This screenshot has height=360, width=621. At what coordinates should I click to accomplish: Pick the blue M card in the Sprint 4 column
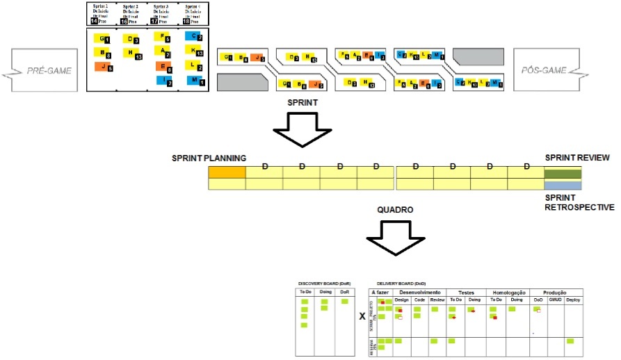pyautogui.click(x=195, y=81)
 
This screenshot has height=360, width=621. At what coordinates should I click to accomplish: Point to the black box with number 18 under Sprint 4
pyautogui.click(x=186, y=22)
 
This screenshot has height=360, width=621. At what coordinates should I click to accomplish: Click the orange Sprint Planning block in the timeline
pyautogui.click(x=227, y=172)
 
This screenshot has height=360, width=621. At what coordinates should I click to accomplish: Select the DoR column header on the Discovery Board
pyautogui.click(x=344, y=293)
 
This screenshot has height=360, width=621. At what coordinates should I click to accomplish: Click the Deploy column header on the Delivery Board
pyautogui.click(x=573, y=300)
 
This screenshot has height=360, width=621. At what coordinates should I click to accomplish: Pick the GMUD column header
pyautogui.click(x=554, y=300)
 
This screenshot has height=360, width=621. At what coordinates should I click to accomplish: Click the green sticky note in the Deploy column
pyautogui.click(x=570, y=341)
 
